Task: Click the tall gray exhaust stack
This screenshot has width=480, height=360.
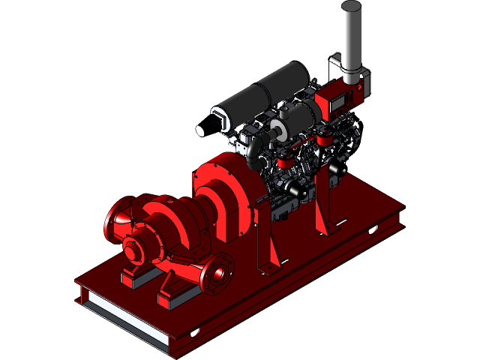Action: tap(351, 34)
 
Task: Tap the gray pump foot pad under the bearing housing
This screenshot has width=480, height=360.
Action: tap(135, 277)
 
